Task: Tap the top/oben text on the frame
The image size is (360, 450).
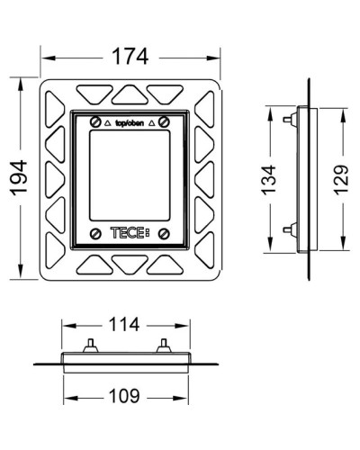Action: tap(130, 120)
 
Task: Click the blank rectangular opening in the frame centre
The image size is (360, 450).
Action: tap(130, 173)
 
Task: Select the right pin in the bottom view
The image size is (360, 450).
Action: tap(163, 346)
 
